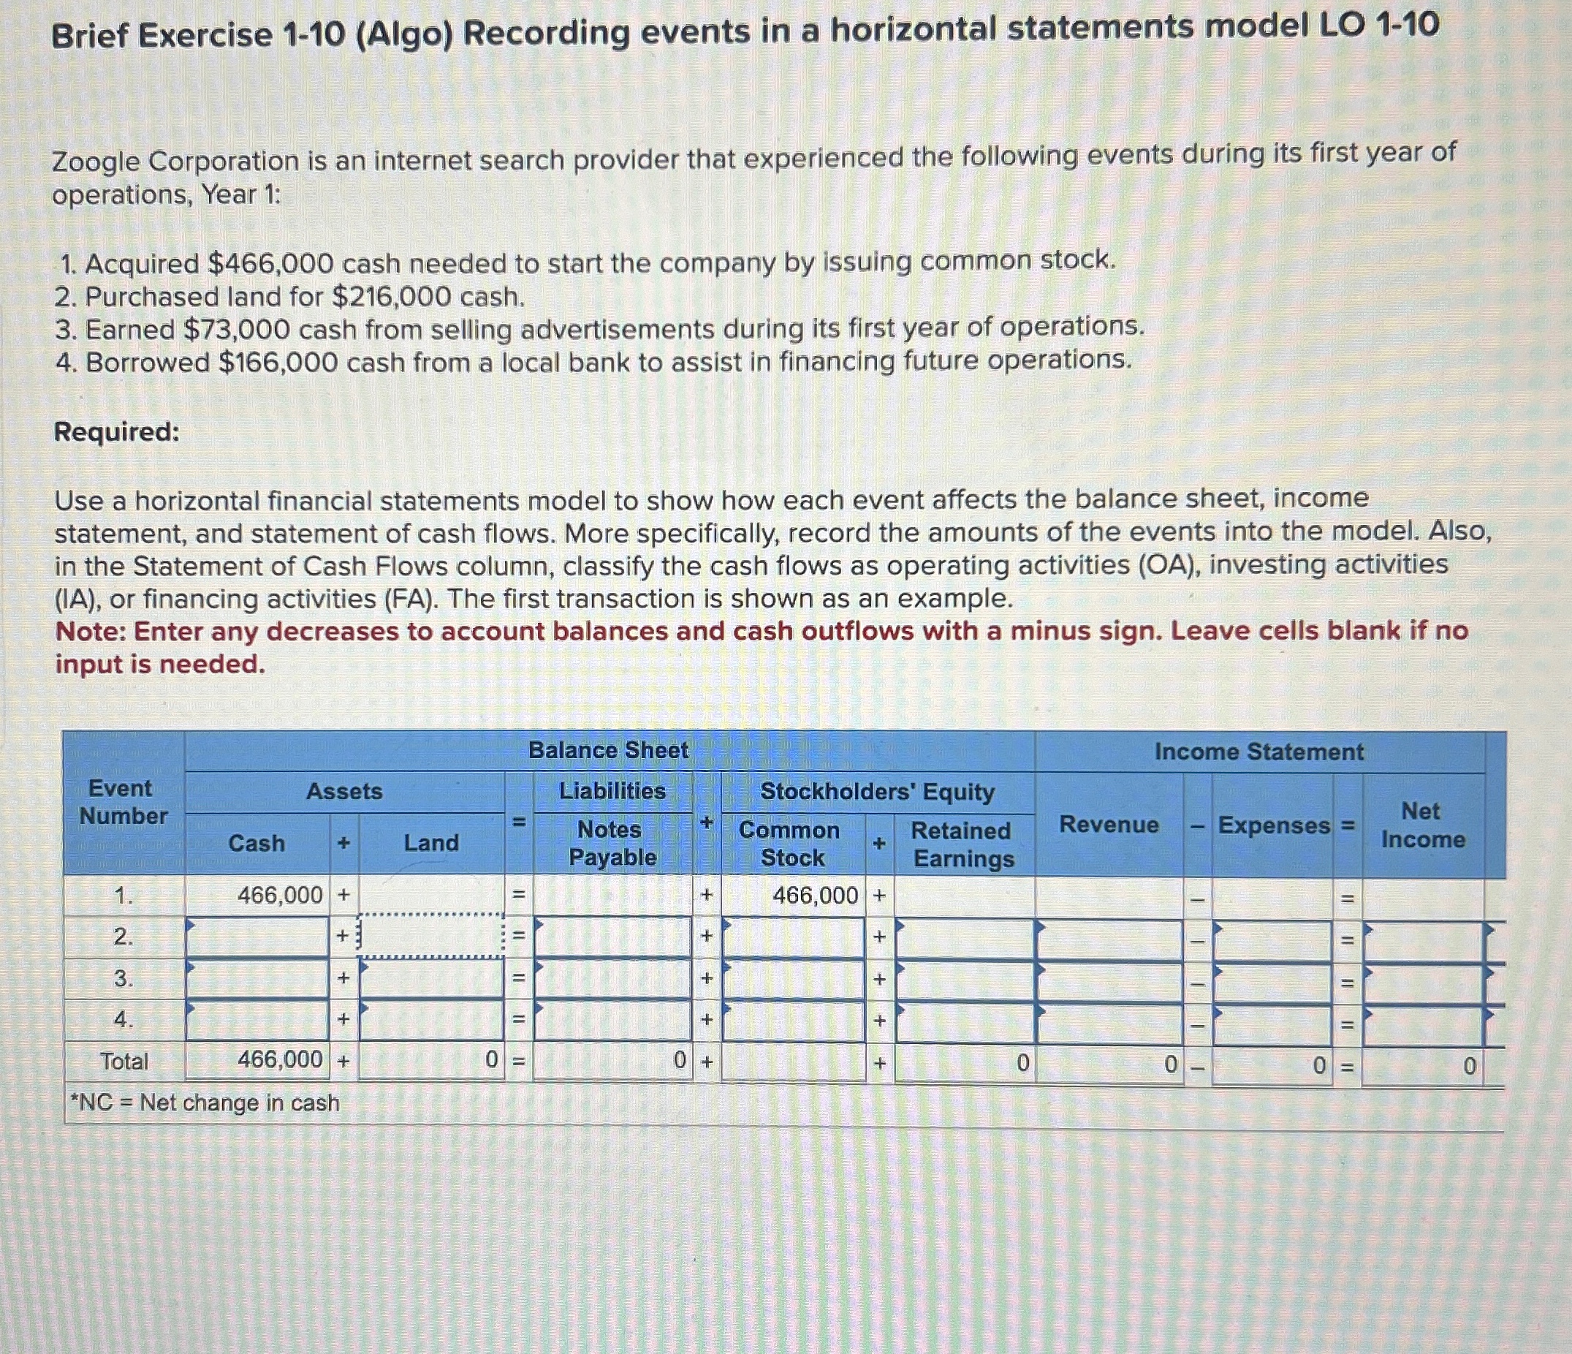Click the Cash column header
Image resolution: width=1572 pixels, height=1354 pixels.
click(x=257, y=843)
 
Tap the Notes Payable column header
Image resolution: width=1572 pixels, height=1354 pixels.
click(x=612, y=843)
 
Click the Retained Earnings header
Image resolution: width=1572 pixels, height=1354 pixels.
click(x=962, y=844)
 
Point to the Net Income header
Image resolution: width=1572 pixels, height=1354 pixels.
click(x=1421, y=825)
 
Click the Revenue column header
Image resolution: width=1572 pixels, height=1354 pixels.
click(x=1109, y=825)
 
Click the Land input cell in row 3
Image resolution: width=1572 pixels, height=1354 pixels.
click(x=431, y=979)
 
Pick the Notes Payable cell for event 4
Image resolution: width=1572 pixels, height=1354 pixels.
click(x=612, y=1021)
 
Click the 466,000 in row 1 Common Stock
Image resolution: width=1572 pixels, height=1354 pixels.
click(x=815, y=896)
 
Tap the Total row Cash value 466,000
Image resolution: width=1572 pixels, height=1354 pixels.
click(x=280, y=1059)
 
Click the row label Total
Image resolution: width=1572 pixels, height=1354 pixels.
click(x=124, y=1061)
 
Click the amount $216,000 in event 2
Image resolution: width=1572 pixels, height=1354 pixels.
click(x=392, y=297)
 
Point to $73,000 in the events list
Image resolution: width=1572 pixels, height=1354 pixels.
click(x=237, y=330)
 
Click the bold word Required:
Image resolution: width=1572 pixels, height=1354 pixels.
click(x=117, y=432)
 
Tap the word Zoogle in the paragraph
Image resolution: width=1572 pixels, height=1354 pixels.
click(x=96, y=162)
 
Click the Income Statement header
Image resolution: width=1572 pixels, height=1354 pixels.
click(x=1258, y=752)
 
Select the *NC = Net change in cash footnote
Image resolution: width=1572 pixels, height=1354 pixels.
click(x=205, y=1102)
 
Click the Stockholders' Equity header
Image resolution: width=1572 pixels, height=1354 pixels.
click(x=877, y=792)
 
